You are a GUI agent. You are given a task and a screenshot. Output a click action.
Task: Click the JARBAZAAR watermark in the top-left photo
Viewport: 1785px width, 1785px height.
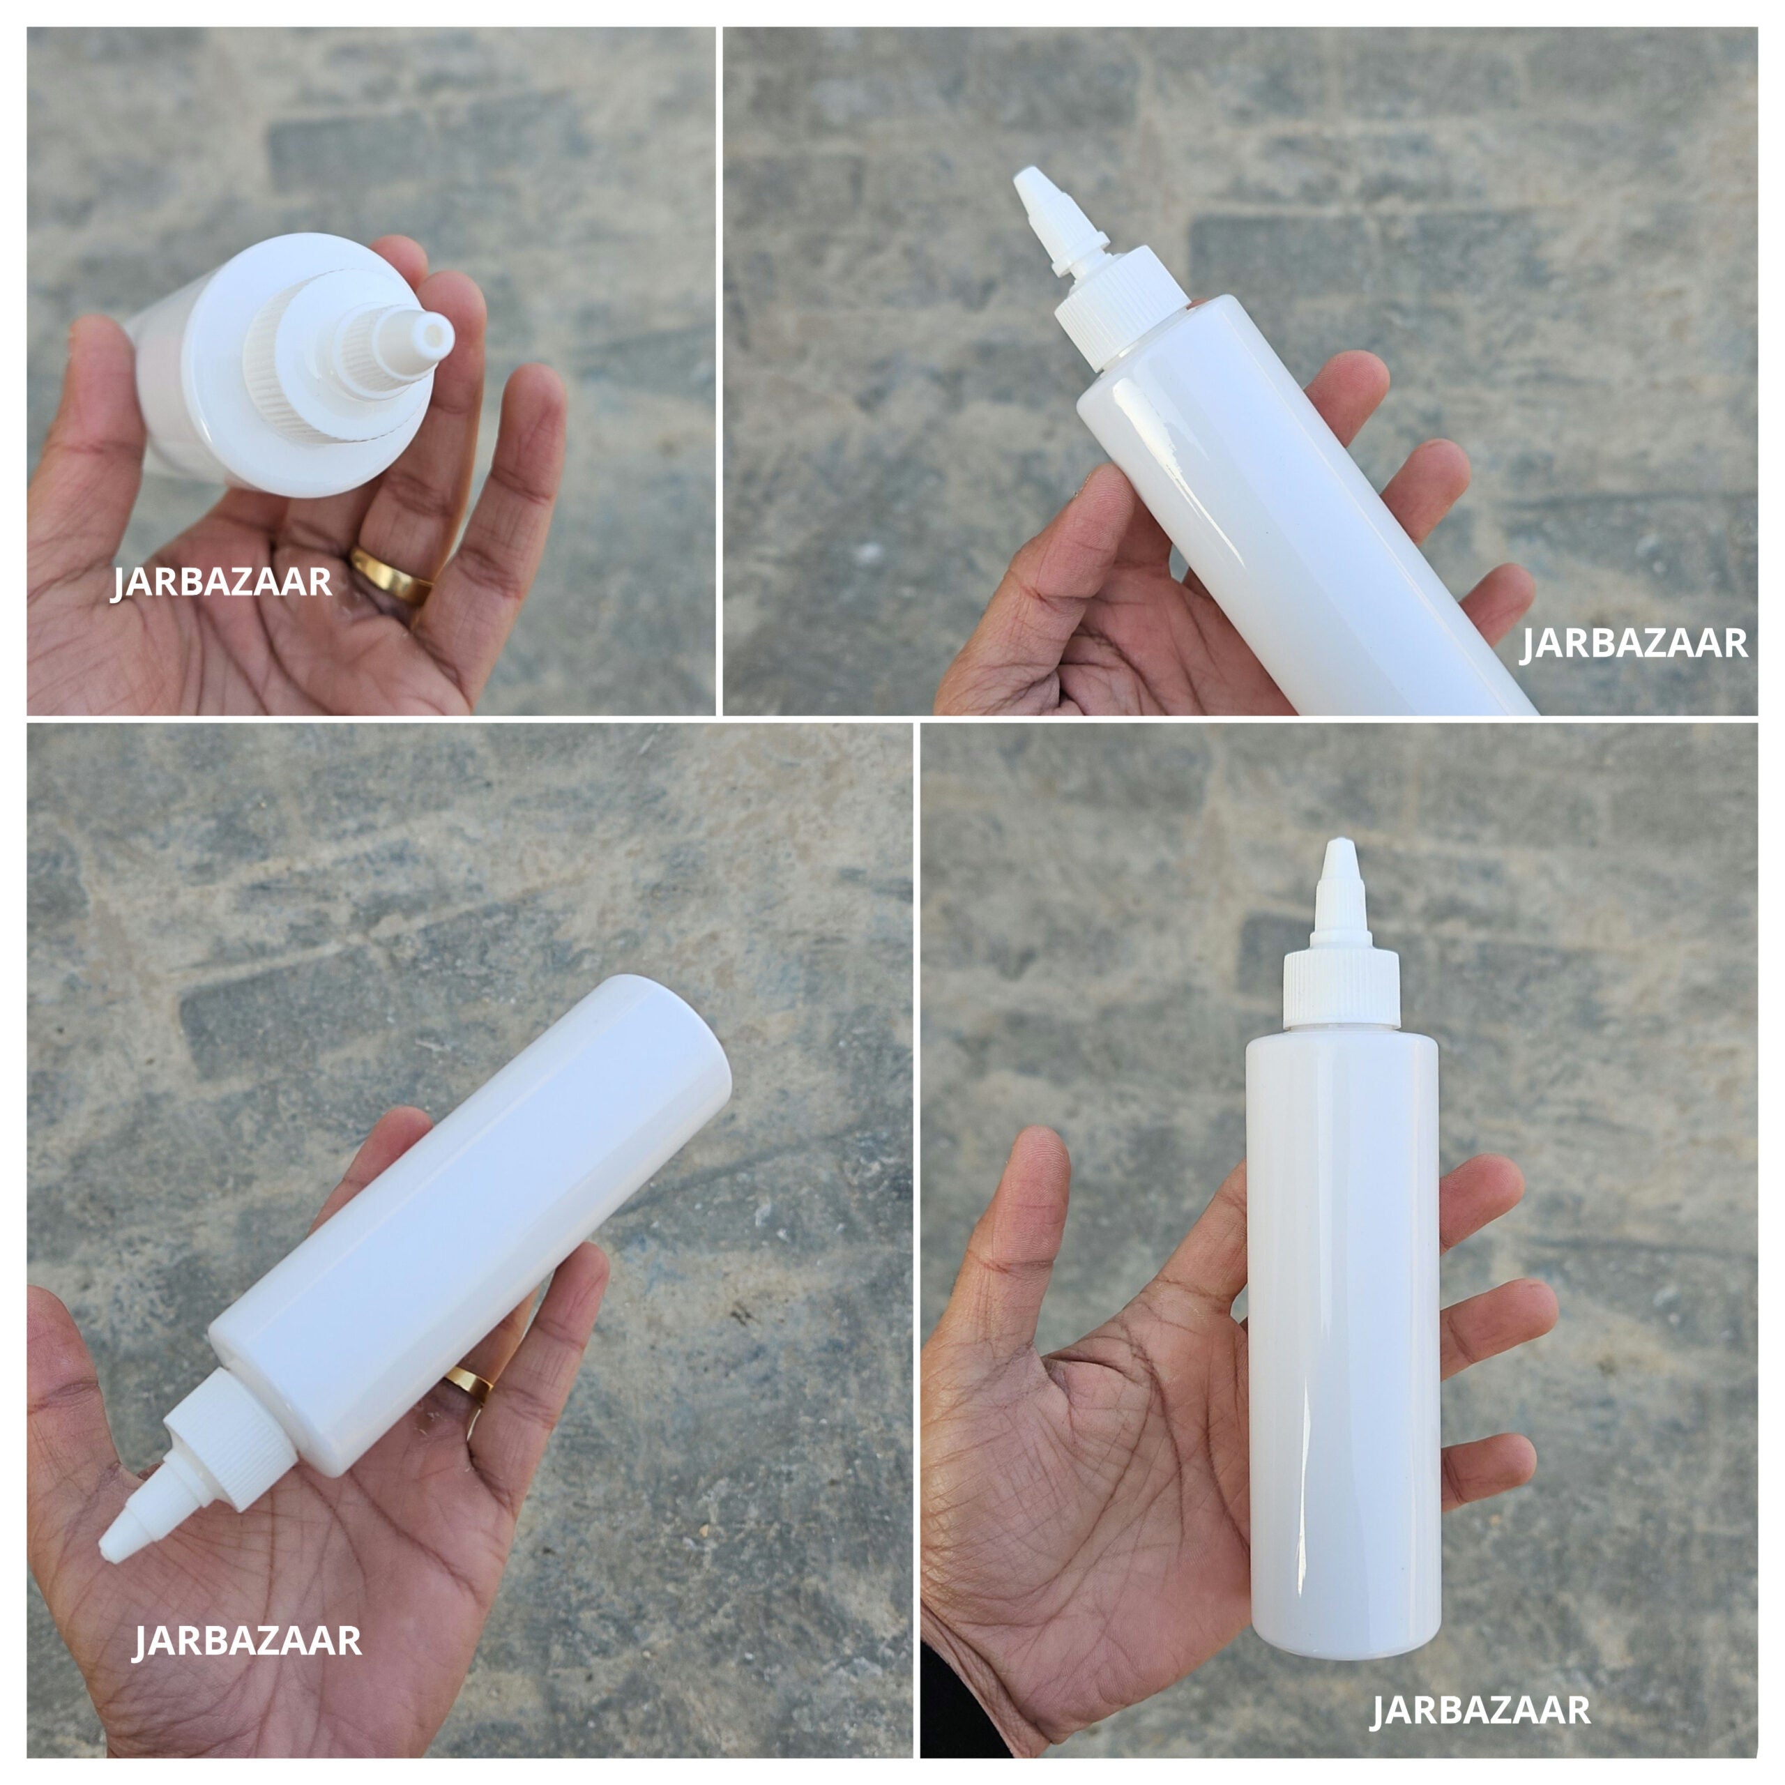pos(222,583)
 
